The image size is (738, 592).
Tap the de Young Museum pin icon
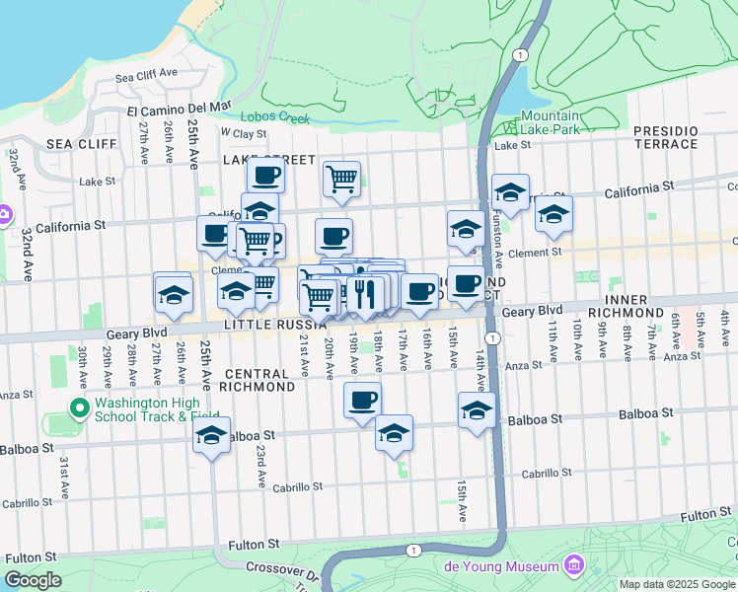[573, 565]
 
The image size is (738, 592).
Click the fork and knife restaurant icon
[365, 293]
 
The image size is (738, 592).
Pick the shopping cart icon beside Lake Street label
[341, 179]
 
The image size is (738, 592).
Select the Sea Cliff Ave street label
[145, 74]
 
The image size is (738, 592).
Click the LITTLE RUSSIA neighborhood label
[275, 325]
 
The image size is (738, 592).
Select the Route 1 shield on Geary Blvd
[492, 337]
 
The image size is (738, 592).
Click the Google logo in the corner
[33, 581]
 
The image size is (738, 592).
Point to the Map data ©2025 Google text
[677, 584]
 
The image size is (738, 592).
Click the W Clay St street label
[244, 133]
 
